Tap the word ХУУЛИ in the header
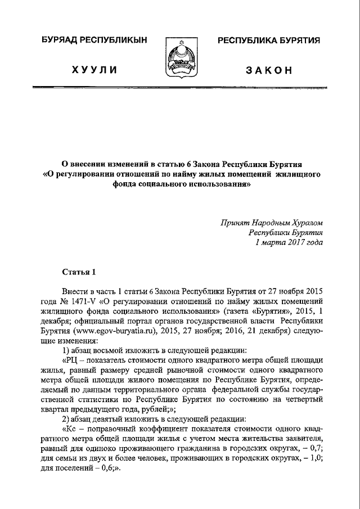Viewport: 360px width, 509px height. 93,70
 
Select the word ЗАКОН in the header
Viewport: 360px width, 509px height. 269,70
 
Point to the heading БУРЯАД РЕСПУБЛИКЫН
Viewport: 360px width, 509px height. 94,41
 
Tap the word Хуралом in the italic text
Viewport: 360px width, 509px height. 306,222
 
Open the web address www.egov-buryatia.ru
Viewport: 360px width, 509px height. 123,331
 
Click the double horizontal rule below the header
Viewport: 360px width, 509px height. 179,89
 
